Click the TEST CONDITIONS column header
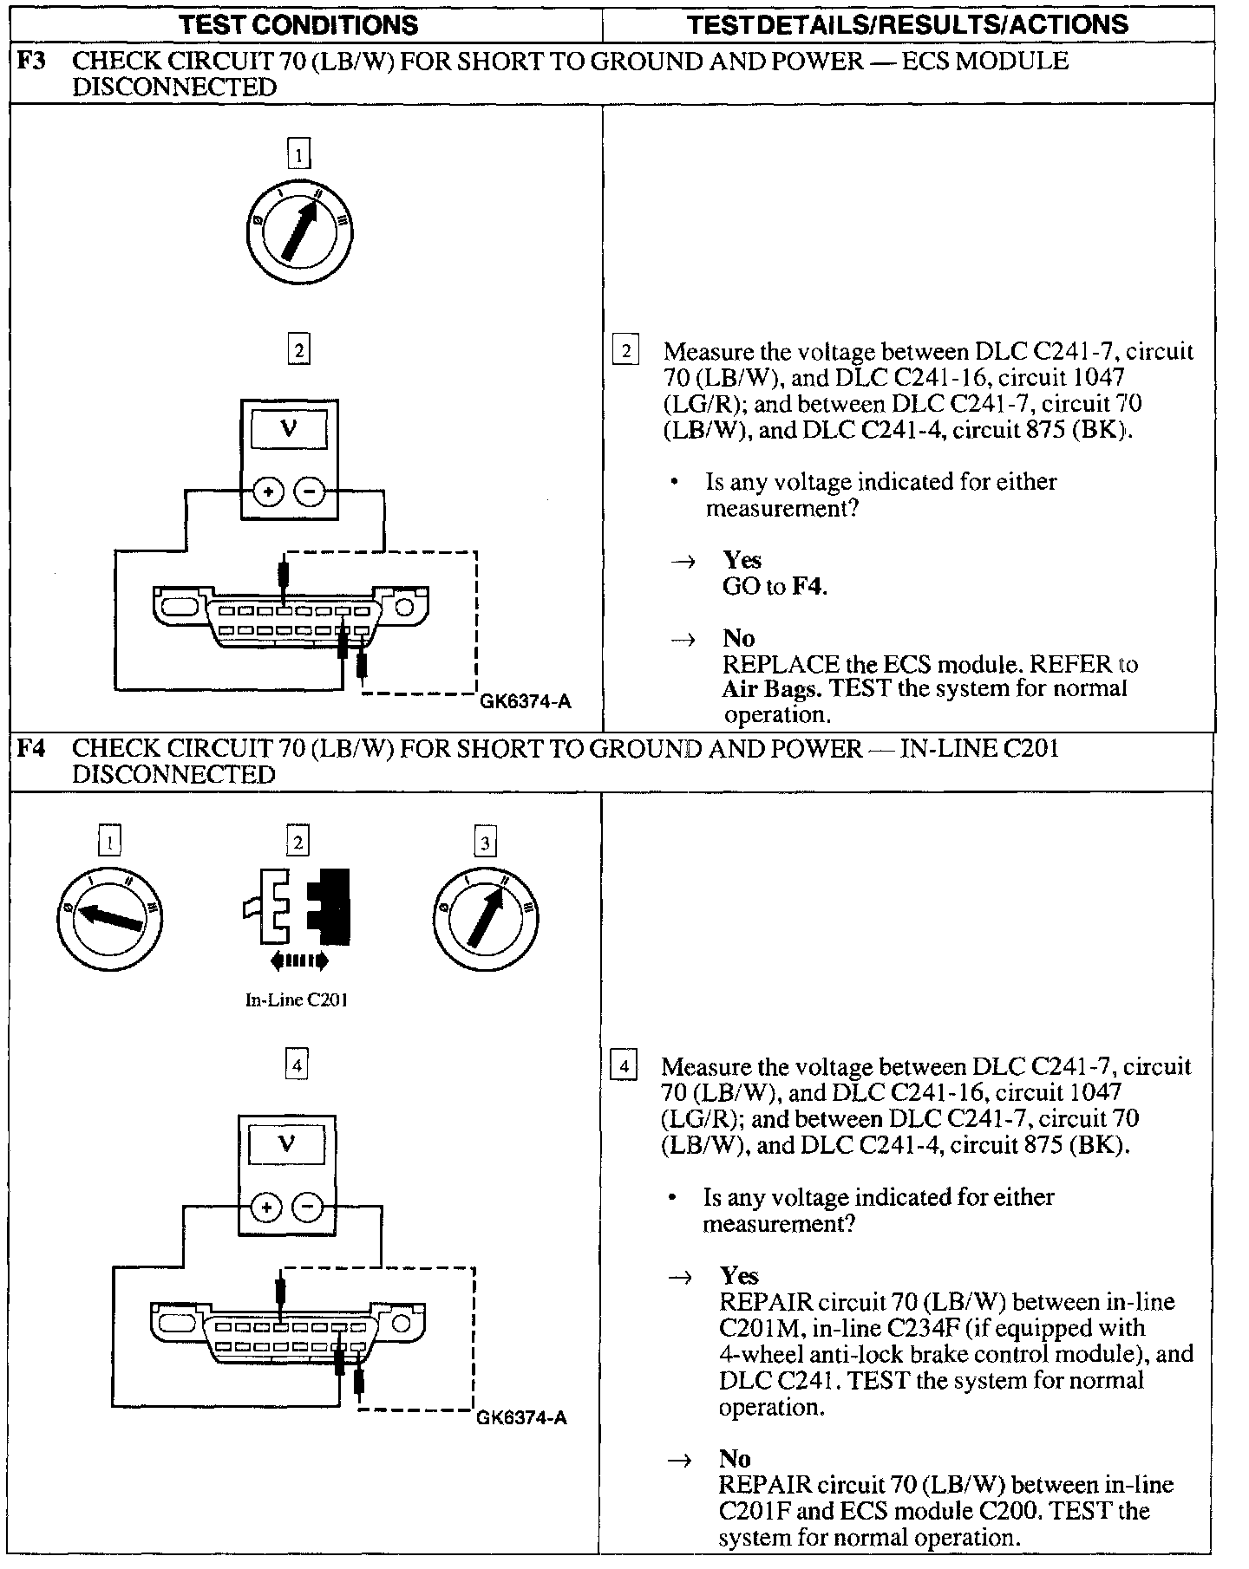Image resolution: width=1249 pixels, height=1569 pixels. (298, 24)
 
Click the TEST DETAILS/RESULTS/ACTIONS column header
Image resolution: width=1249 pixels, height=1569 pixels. (907, 24)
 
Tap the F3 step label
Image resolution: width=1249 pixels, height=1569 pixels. (32, 61)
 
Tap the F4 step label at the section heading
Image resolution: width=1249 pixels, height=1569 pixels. (32, 747)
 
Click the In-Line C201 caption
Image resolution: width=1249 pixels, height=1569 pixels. (297, 999)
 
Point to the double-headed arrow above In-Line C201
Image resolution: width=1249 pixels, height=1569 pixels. (298, 960)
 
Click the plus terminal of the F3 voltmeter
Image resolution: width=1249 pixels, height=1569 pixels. (269, 492)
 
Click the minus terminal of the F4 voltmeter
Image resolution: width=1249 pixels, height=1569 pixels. (308, 1208)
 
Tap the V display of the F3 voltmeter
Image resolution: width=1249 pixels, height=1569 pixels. (290, 429)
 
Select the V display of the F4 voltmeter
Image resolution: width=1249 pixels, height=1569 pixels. (286, 1144)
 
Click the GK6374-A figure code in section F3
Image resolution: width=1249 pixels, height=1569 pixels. (526, 702)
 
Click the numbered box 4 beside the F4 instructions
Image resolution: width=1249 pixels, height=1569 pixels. (624, 1064)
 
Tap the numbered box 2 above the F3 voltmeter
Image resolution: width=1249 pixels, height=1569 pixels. (298, 350)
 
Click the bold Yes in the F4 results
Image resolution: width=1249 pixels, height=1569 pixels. (739, 1275)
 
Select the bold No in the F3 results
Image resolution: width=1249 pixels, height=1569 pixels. (738, 638)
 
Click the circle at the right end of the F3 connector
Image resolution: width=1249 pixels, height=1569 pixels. (403, 606)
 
